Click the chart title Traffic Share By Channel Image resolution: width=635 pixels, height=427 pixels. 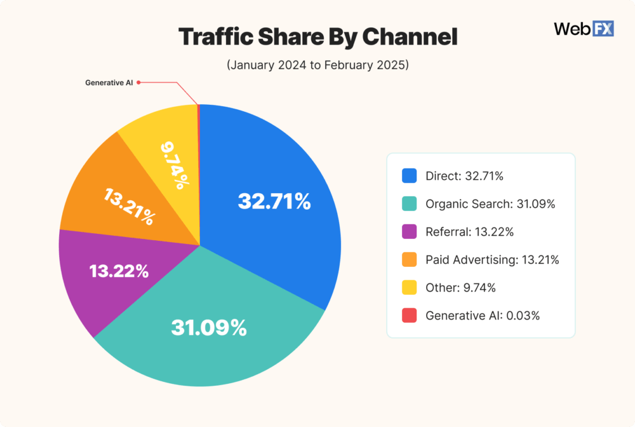tap(317, 37)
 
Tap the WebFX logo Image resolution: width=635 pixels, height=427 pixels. tap(584, 29)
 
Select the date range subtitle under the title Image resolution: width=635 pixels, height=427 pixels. tap(317, 66)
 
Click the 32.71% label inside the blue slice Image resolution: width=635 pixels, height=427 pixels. tap(274, 201)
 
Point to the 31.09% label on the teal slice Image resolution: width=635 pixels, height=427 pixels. tap(208, 327)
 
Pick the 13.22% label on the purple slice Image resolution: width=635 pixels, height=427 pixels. tap(119, 271)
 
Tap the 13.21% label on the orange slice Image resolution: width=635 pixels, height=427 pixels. tap(130, 207)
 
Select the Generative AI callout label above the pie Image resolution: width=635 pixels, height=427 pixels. tap(109, 83)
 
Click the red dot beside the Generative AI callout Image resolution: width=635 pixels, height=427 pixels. tap(138, 83)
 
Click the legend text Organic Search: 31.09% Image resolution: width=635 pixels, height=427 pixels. tap(490, 204)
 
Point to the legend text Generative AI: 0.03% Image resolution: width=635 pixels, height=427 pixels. tap(483, 315)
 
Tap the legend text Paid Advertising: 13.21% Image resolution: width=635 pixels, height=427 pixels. tap(492, 259)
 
